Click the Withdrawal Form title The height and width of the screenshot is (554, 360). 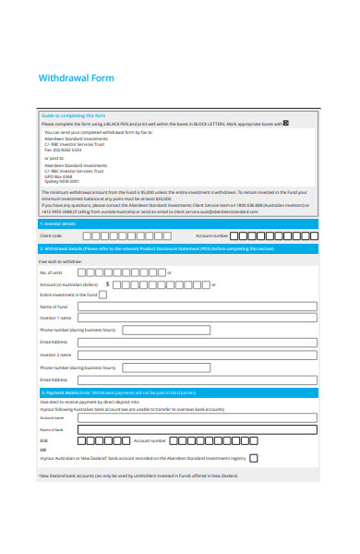tap(76, 78)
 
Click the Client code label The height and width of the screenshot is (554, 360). tap(51, 235)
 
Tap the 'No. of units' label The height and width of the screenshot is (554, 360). tap(52, 272)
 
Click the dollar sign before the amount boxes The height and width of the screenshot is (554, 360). tap(107, 284)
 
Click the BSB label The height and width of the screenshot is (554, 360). tap(43, 441)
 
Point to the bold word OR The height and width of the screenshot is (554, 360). tap(42, 450)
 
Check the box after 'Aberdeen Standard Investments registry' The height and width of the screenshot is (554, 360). tap(254, 457)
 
